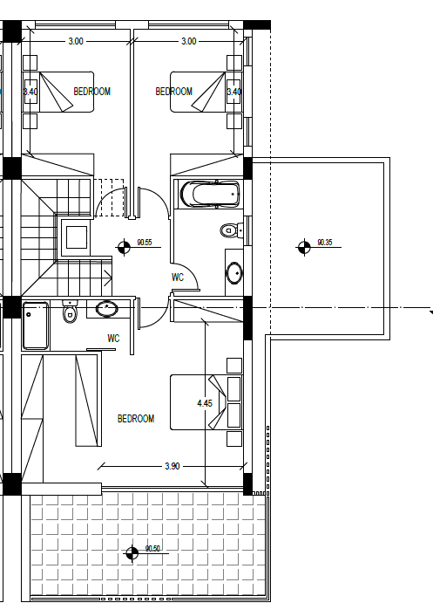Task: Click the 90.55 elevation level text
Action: pyautogui.click(x=145, y=243)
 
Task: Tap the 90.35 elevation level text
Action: pyautogui.click(x=325, y=243)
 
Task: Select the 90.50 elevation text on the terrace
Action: pyautogui.click(x=152, y=549)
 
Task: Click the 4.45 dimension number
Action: pyautogui.click(x=205, y=403)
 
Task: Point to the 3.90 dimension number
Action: pyautogui.click(x=173, y=466)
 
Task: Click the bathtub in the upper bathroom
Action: pyautogui.click(x=210, y=195)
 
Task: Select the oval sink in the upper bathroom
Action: pyautogui.click(x=233, y=272)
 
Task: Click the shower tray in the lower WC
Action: pyautogui.click(x=36, y=325)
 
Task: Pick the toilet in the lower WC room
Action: pyautogui.click(x=70, y=312)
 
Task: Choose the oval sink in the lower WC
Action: pyautogui.click(x=106, y=308)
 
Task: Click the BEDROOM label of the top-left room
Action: pyautogui.click(x=92, y=92)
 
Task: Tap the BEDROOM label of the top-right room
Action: pyautogui.click(x=174, y=92)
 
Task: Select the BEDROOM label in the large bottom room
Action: pyautogui.click(x=136, y=418)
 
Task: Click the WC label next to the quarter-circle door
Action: pyautogui.click(x=178, y=278)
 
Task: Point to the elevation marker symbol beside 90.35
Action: pyautogui.click(x=304, y=247)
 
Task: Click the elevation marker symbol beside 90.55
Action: pyautogui.click(x=124, y=247)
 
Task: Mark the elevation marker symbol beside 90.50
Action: pyautogui.click(x=132, y=553)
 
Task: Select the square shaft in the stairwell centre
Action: pyautogui.click(x=77, y=237)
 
